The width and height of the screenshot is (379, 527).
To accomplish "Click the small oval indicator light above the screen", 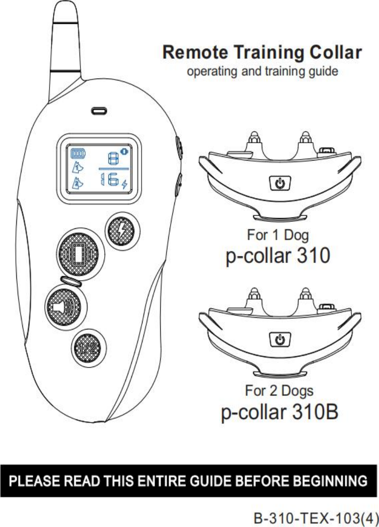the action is (x=99, y=111).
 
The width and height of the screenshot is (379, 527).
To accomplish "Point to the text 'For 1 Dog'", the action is (x=278, y=234).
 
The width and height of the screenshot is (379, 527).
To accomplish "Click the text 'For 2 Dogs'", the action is (x=279, y=390).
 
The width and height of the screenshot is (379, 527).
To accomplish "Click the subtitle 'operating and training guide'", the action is (x=262, y=72).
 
